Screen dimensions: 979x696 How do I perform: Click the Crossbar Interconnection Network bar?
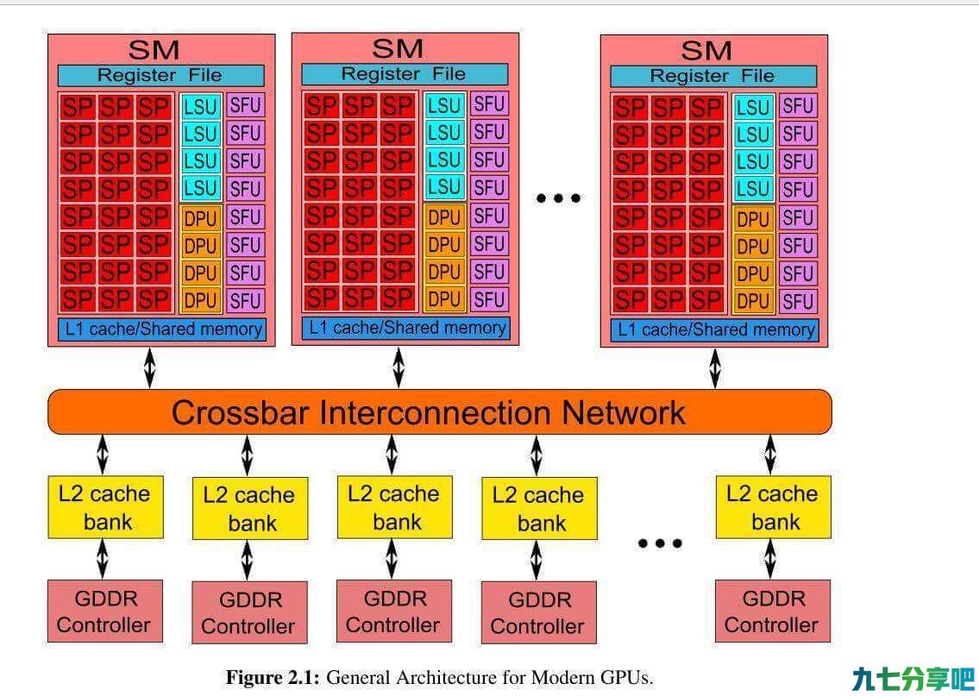click(x=440, y=412)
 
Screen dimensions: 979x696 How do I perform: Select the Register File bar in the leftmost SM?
click(x=161, y=76)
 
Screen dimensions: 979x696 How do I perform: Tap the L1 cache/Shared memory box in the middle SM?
click(x=406, y=328)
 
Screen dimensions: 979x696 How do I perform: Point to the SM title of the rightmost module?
click(x=706, y=51)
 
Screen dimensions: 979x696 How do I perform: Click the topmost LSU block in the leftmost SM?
click(x=200, y=107)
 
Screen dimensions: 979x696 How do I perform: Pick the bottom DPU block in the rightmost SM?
click(x=753, y=302)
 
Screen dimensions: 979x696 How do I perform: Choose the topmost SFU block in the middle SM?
click(x=488, y=103)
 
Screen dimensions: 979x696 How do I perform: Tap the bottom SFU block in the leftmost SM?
click(x=245, y=301)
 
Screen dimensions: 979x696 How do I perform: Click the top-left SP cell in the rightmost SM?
click(x=630, y=107)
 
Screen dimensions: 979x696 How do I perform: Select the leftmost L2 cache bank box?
click(x=105, y=507)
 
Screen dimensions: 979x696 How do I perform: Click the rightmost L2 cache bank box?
click(x=773, y=507)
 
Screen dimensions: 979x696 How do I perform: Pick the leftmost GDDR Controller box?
click(x=105, y=611)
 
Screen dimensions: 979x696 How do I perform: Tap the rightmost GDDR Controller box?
click(x=773, y=611)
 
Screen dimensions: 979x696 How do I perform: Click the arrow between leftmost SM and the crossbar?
click(x=149, y=367)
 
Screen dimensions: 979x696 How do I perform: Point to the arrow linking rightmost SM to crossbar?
click(x=715, y=368)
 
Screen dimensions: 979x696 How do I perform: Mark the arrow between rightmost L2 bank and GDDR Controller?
click(x=770, y=559)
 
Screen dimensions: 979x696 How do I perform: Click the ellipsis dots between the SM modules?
click(x=559, y=198)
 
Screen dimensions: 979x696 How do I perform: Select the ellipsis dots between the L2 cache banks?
click(x=660, y=543)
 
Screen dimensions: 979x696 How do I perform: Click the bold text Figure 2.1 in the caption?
click(x=273, y=677)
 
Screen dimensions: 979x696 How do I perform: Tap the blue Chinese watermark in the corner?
click(x=913, y=679)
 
